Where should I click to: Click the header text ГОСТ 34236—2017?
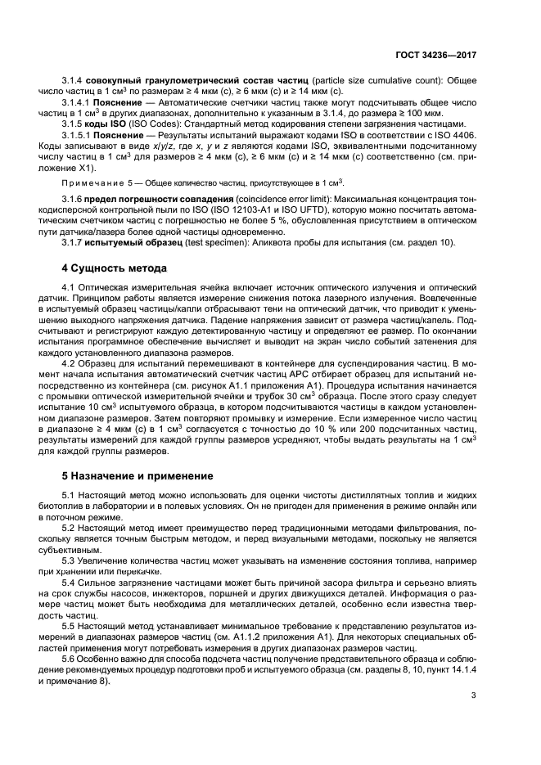pyautogui.click(x=435, y=54)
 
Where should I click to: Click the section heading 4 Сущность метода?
pyautogui.click(x=115, y=268)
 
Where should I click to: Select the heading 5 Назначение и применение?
pyautogui.click(x=126, y=475)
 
